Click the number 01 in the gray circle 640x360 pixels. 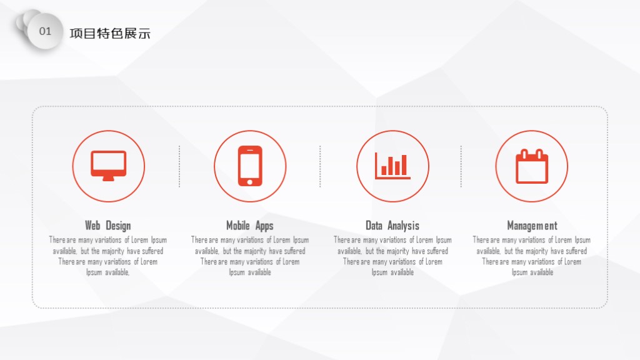tap(45, 31)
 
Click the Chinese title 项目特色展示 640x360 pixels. tap(110, 33)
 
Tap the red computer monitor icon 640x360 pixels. tap(109, 166)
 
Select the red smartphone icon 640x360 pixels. tap(250, 166)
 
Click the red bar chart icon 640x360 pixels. tap(392, 166)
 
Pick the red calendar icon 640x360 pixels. tap(532, 166)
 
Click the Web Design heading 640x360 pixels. tap(108, 225)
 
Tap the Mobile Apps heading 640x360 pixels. tap(250, 225)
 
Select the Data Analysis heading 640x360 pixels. tap(392, 225)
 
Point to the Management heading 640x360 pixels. tap(532, 225)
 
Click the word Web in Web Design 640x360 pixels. tap(92, 225)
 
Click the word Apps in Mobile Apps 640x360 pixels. tap(264, 226)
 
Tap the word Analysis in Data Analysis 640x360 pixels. tap(403, 226)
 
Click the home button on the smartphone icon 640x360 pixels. tap(250, 182)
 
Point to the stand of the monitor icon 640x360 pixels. tap(109, 178)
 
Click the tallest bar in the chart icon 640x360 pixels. tap(404, 164)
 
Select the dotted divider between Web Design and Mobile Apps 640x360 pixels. tap(179, 166)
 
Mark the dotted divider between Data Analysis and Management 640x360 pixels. tap(461, 166)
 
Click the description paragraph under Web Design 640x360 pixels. tap(107, 256)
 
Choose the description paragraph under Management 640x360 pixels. tap(532, 256)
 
